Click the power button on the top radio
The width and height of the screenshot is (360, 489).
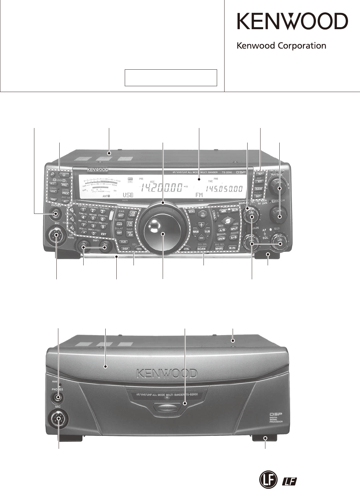(64, 175)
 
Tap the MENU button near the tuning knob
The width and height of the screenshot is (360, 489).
(192, 212)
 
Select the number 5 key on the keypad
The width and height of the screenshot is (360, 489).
(93, 218)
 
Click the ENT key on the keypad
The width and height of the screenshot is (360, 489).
(103, 234)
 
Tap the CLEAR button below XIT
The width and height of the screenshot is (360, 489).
(259, 189)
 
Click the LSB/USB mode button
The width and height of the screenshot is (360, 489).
(132, 214)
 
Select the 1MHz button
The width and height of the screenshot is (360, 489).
(139, 249)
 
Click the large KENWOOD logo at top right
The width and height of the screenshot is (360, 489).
(292, 22)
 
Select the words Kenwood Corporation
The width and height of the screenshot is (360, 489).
(281, 46)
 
